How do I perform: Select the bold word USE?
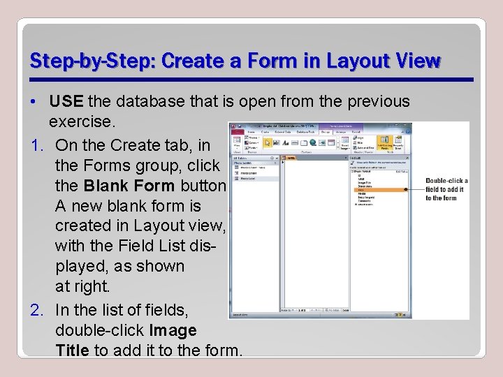point(66,102)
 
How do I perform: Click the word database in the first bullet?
point(150,102)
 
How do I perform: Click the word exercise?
point(80,121)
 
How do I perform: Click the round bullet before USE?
point(34,102)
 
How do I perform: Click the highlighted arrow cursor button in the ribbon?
point(268,142)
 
